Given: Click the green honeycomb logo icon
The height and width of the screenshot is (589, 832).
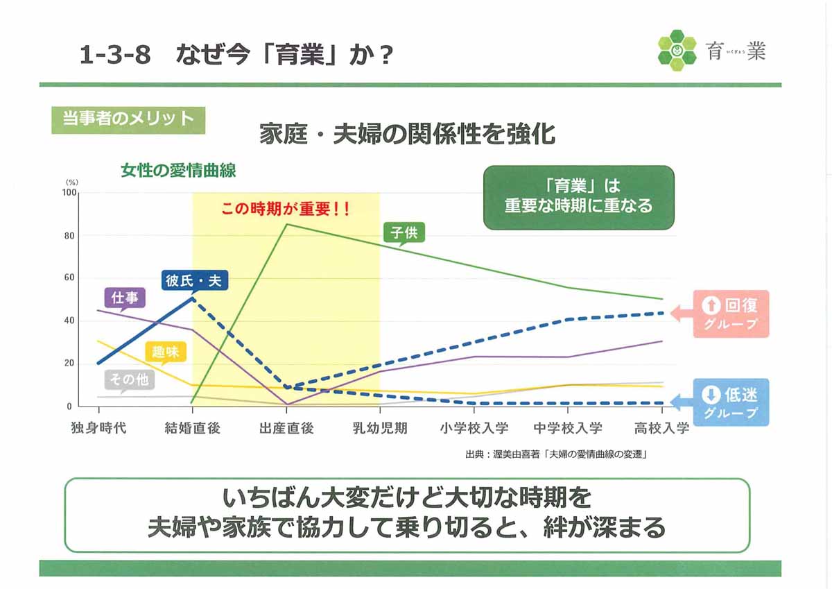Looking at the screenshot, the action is pos(677,51).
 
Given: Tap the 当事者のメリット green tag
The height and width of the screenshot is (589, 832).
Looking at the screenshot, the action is pos(128,120).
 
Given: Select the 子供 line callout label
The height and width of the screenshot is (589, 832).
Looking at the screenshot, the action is pos(404,233).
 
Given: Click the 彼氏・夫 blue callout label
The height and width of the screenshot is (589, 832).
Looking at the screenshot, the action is pos(194,280).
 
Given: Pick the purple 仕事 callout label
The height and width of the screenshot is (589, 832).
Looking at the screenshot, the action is pos(124,298).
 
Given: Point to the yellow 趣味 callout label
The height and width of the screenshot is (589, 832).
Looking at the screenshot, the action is pos(166,352).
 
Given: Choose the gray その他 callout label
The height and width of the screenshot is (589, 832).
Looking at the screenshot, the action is pos(129,380).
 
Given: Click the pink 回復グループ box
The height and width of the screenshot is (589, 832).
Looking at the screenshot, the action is pos(731,314).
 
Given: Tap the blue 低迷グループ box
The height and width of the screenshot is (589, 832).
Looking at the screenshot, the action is pos(731,402).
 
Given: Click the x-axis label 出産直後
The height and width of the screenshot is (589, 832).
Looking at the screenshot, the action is pos(286,428).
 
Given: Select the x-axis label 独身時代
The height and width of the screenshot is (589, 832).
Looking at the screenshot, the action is pos(98,428).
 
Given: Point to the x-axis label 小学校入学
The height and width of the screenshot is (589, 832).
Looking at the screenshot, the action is pos(474,428).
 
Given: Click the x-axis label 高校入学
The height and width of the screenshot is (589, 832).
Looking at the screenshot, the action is pos(661,428).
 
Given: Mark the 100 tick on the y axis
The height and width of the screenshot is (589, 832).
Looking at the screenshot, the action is pos(69,192).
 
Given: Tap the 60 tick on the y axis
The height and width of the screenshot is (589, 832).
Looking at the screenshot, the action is pos(69,278).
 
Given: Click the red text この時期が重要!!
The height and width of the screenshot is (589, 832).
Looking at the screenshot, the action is pos(285,209).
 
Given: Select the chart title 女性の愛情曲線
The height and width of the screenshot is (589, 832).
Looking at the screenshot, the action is pos(178,171).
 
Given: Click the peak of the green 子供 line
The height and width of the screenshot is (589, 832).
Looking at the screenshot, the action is pos(286,224).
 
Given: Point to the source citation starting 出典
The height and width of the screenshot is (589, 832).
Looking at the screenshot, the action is pos(556,454).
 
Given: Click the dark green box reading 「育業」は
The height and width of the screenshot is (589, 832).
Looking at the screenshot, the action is pos(579,197).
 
